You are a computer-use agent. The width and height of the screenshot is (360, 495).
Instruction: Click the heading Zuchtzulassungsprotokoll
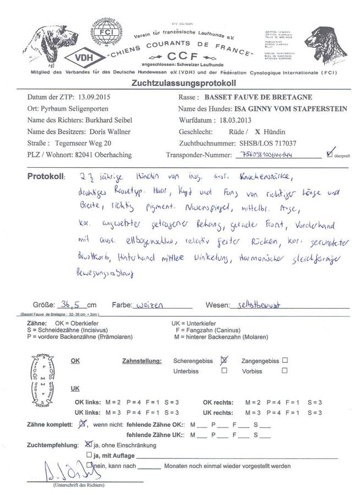(184, 83)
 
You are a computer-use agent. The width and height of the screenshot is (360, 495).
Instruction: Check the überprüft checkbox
(330, 152)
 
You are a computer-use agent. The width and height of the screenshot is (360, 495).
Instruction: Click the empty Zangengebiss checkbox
(285, 360)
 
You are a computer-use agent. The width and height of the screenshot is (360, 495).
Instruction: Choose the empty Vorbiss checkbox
(285, 371)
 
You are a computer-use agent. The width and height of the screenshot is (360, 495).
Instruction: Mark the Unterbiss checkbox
(224, 371)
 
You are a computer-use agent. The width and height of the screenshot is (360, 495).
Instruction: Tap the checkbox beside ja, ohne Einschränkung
(90, 444)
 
